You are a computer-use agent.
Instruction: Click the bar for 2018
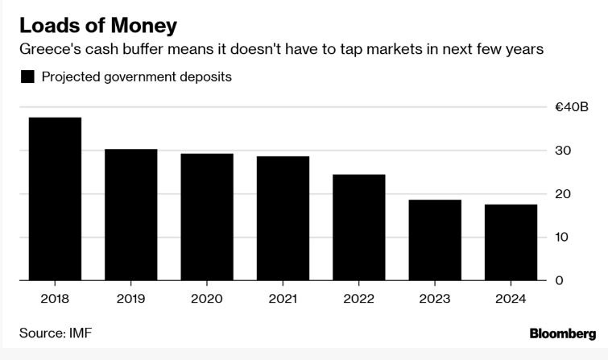[x=55, y=199]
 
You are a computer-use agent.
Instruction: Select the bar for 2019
[x=131, y=214]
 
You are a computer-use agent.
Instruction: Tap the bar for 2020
[x=207, y=217]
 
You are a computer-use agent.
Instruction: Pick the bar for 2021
[x=283, y=218]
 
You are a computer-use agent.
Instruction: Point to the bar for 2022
[x=359, y=227]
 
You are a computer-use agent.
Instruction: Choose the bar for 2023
[x=435, y=240]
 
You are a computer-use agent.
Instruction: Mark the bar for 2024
[x=511, y=242]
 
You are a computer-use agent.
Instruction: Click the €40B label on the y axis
[x=572, y=106]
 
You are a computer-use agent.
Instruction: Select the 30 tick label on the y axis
[x=563, y=151]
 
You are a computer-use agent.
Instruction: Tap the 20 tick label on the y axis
[x=563, y=194]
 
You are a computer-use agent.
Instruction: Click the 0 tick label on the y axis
[x=559, y=280]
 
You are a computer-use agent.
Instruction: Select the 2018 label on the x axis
[x=55, y=299]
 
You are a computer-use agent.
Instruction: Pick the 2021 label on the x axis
[x=283, y=299]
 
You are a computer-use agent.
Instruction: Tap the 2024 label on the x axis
[x=511, y=299]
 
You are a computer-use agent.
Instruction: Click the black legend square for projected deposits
[x=27, y=77]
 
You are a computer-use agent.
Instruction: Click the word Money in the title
[x=144, y=27]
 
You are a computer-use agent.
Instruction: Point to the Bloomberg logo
[x=563, y=333]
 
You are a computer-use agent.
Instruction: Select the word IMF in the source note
[x=81, y=333]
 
